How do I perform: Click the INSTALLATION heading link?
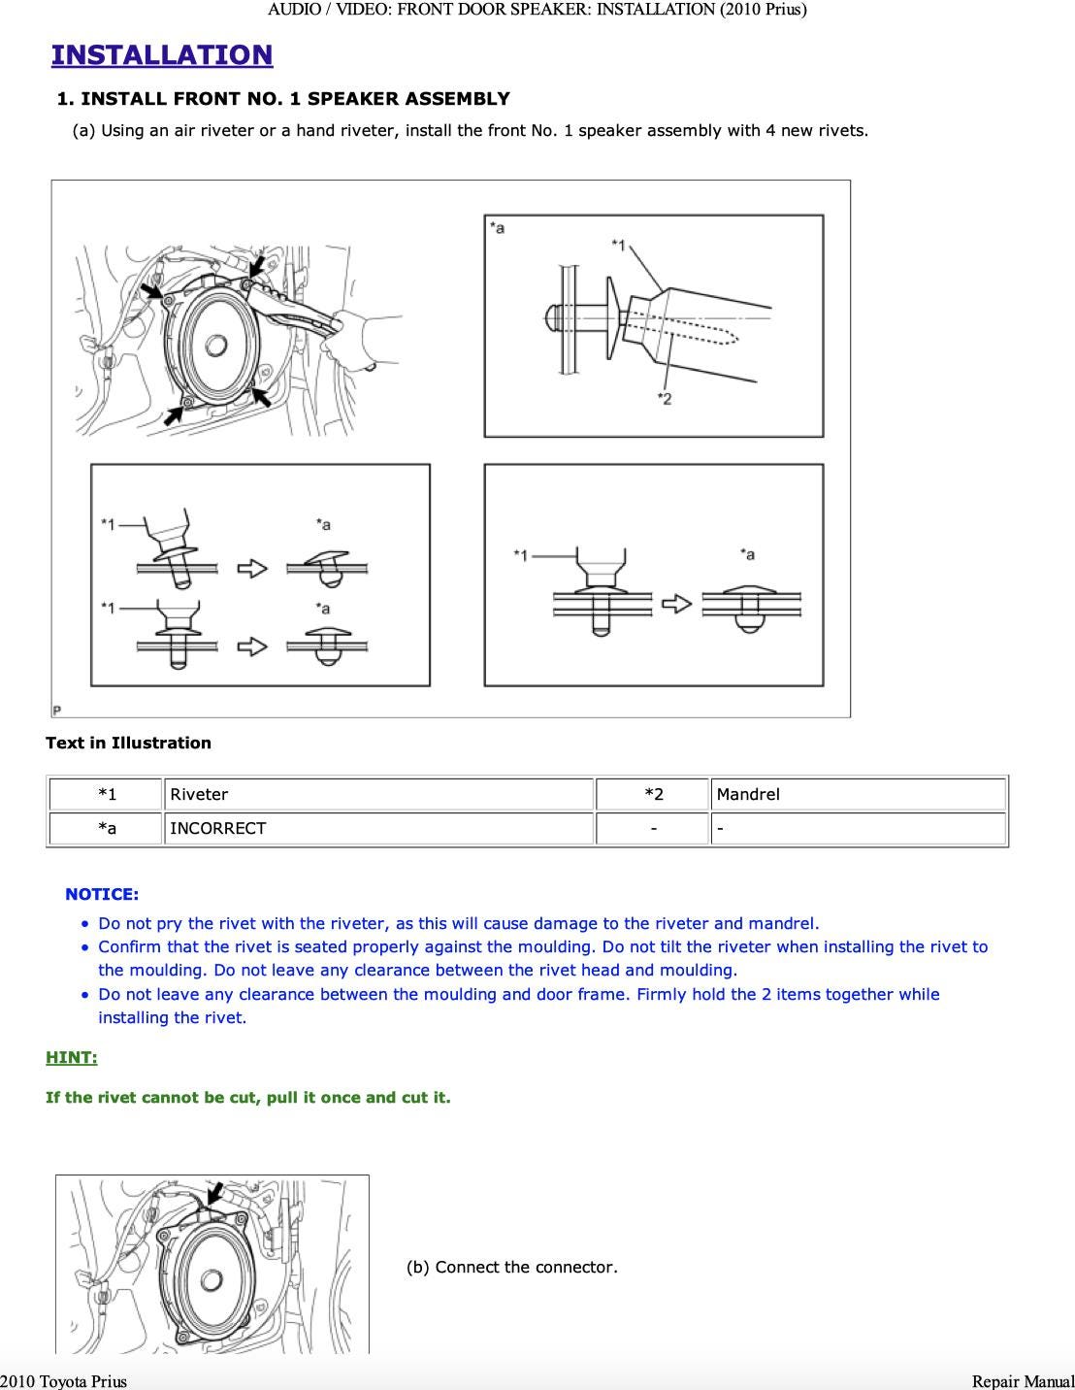[x=162, y=55]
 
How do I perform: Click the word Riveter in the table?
[x=199, y=794]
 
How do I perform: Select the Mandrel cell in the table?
[x=748, y=794]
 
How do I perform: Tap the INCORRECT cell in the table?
[x=217, y=828]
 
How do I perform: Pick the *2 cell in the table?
[x=654, y=794]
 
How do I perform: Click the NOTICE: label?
[x=102, y=894]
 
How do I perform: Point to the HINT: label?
[x=72, y=1057]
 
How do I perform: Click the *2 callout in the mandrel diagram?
[x=665, y=398]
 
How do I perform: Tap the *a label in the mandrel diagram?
[x=497, y=228]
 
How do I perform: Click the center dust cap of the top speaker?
[x=215, y=345]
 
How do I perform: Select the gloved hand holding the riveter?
[x=374, y=335]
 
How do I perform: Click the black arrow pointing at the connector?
[x=215, y=1193]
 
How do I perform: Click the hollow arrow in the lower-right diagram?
[x=676, y=604]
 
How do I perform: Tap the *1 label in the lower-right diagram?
[x=521, y=555]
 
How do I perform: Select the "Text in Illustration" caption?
[x=128, y=743]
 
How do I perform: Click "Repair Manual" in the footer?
[x=1023, y=1380]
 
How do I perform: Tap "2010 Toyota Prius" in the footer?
[x=64, y=1380]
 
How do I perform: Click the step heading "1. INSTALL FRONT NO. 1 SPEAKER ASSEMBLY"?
[x=283, y=98]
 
